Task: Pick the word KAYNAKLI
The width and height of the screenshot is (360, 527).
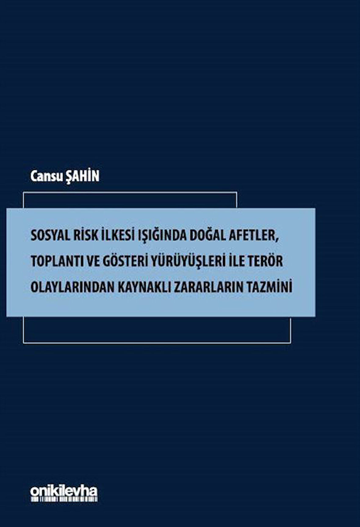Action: pyautogui.click(x=145, y=287)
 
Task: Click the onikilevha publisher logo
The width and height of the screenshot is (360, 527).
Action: pyautogui.click(x=64, y=491)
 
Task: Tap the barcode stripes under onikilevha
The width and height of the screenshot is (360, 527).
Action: pyautogui.click(x=64, y=499)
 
